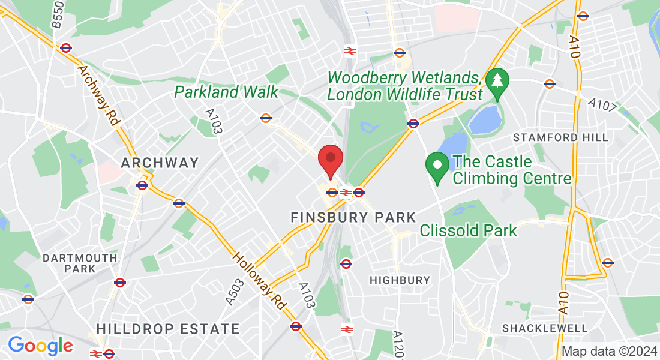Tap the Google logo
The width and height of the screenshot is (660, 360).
[x=41, y=346]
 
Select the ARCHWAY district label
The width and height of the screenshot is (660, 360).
[x=160, y=163]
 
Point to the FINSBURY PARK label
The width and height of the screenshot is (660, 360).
[x=353, y=217]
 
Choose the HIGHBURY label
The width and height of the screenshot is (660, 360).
[x=400, y=280]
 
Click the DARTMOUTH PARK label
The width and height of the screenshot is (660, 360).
[x=80, y=263]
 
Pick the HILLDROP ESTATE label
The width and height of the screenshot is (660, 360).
[x=168, y=329]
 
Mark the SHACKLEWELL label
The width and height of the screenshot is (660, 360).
[x=545, y=328]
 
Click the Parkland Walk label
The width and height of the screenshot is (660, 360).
[x=226, y=92]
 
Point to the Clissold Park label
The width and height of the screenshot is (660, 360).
[x=468, y=230]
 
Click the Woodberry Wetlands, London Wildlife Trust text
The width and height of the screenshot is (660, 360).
[x=406, y=86]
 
